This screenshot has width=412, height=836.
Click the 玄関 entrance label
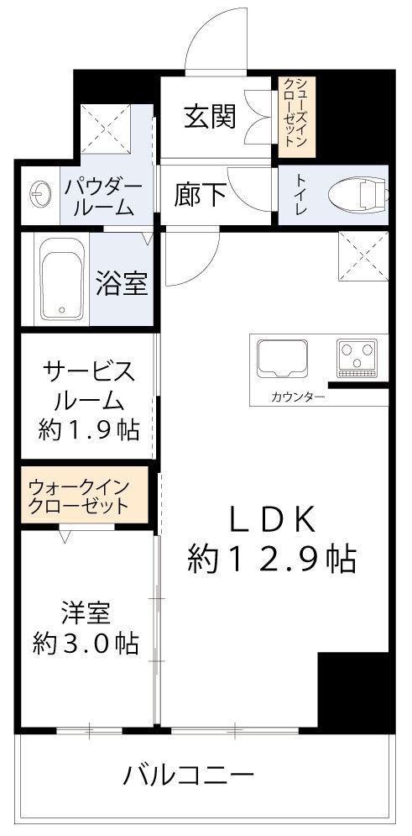click(x=210, y=116)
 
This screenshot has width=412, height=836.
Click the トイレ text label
click(x=297, y=195)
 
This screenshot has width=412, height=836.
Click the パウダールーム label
click(x=103, y=197)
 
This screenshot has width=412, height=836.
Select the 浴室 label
click(x=123, y=284)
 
